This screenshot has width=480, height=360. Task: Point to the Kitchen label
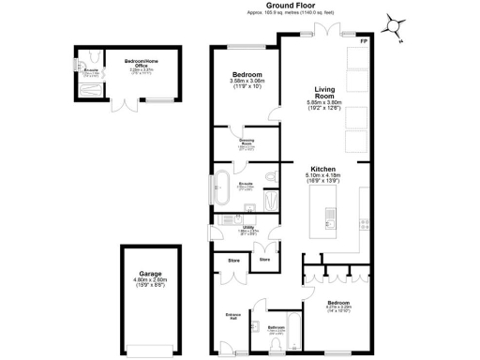[x=322, y=171]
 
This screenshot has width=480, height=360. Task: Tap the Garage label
[x=143, y=274]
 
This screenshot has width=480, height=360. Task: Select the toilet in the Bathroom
[x=256, y=329]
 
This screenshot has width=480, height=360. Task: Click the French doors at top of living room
[x=324, y=34]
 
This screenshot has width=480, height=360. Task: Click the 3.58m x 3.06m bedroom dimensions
[x=247, y=82]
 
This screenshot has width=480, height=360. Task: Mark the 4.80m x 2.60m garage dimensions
[x=143, y=280]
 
